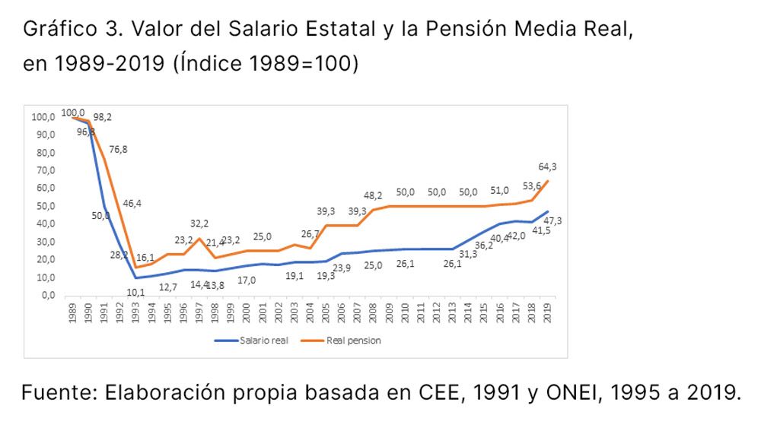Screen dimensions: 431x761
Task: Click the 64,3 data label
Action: click(546, 166)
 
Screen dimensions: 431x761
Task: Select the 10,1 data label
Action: click(136, 292)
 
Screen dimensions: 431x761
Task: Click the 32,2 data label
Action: click(199, 223)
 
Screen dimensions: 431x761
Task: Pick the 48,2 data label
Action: click(373, 195)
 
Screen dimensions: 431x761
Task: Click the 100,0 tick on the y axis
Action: click(43, 117)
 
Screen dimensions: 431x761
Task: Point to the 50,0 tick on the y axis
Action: click(46, 206)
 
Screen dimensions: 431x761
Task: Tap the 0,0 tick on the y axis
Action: click(47, 295)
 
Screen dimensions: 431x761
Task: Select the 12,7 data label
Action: click(168, 287)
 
